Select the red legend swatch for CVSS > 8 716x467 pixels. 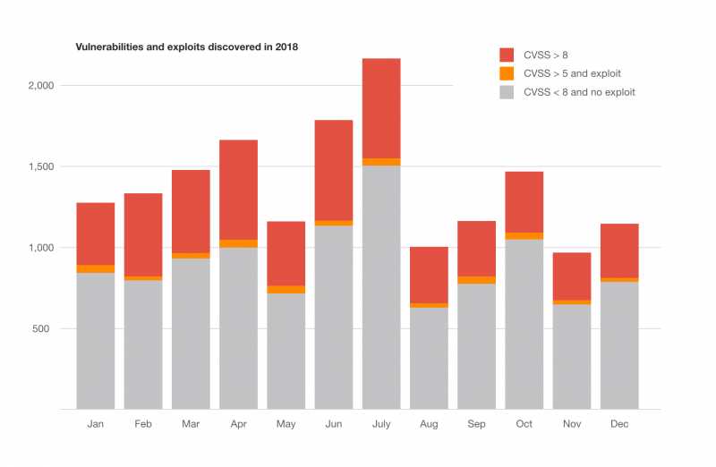click(x=507, y=55)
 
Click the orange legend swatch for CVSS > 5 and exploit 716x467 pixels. click(x=507, y=73)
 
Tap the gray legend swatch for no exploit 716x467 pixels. click(x=507, y=92)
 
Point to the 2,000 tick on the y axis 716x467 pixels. click(x=41, y=86)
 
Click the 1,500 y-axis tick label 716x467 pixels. click(x=41, y=166)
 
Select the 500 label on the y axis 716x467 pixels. click(x=47, y=328)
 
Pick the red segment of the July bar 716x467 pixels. click(x=381, y=107)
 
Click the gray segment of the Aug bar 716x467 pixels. click(x=429, y=358)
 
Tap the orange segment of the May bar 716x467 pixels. click(x=286, y=289)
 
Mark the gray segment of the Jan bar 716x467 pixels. click(x=95, y=340)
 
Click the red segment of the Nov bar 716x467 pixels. click(x=571, y=276)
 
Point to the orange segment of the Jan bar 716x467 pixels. click(x=95, y=268)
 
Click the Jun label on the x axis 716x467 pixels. click(x=333, y=424)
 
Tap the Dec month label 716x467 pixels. click(x=618, y=424)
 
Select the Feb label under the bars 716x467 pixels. click(x=143, y=424)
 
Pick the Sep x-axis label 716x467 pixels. click(x=476, y=424)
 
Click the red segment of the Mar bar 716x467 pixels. click(x=191, y=211)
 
